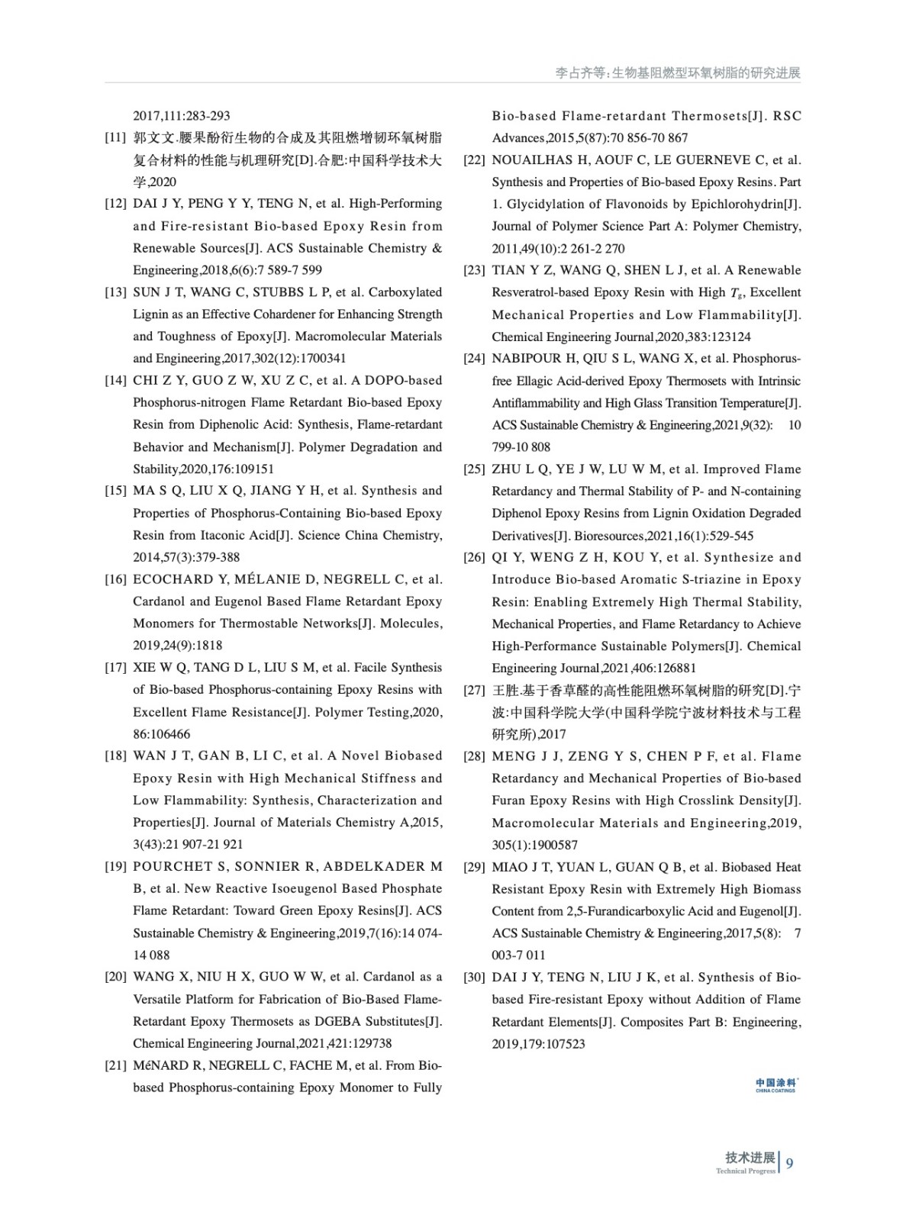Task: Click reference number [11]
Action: (x=115, y=138)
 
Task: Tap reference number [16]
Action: (x=115, y=580)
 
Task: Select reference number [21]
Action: (x=115, y=1066)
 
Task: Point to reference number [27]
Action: (x=474, y=691)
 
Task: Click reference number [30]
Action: (x=474, y=978)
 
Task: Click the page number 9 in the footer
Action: (x=789, y=1163)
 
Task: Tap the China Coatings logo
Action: (x=775, y=1084)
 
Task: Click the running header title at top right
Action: (x=677, y=73)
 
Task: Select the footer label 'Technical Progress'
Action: (x=745, y=1171)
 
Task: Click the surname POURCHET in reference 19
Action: (x=172, y=867)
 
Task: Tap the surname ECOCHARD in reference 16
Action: (x=171, y=580)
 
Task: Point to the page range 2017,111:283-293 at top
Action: (x=182, y=116)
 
